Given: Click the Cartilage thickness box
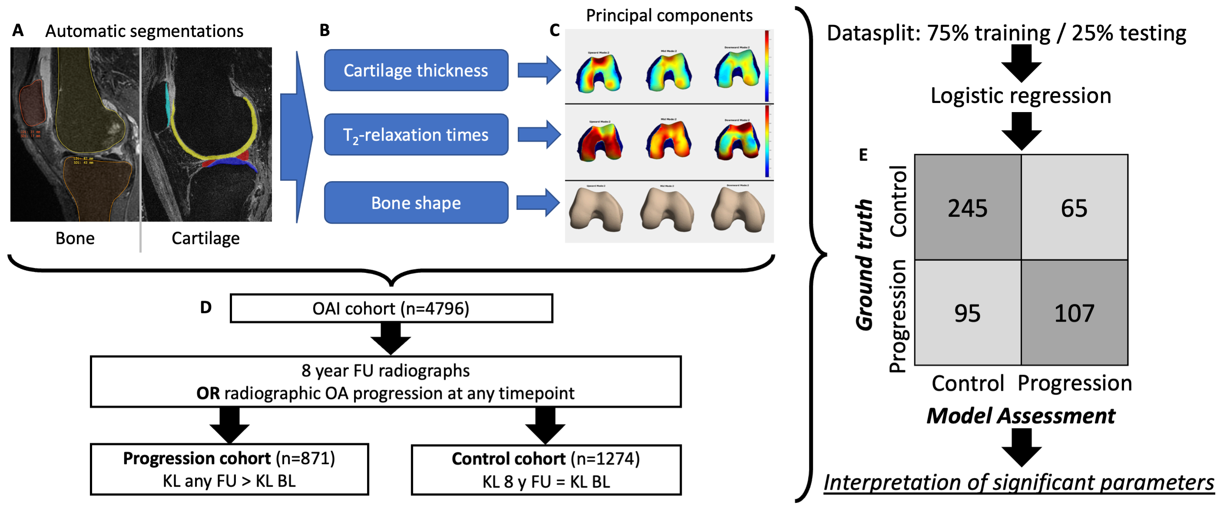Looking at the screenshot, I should (416, 70).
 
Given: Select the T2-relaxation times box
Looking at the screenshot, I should (416, 135).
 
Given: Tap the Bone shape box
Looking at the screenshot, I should (416, 203).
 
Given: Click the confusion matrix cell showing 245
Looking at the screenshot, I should (968, 208).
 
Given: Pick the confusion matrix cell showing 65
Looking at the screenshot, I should (1074, 208).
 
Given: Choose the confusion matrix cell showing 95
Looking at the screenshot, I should (968, 313).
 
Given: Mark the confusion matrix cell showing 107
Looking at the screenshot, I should (1074, 313).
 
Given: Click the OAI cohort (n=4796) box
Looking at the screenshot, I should (391, 309).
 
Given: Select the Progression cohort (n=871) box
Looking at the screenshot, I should (229, 469).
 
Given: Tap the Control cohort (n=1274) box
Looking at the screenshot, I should (546, 470).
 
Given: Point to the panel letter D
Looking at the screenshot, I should (206, 307).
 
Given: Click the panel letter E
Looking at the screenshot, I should (863, 155).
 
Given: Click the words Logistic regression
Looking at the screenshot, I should (1021, 96).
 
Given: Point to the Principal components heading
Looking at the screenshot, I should (669, 16).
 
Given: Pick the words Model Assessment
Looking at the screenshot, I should (1021, 416).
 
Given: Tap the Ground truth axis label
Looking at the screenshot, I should (865, 265).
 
